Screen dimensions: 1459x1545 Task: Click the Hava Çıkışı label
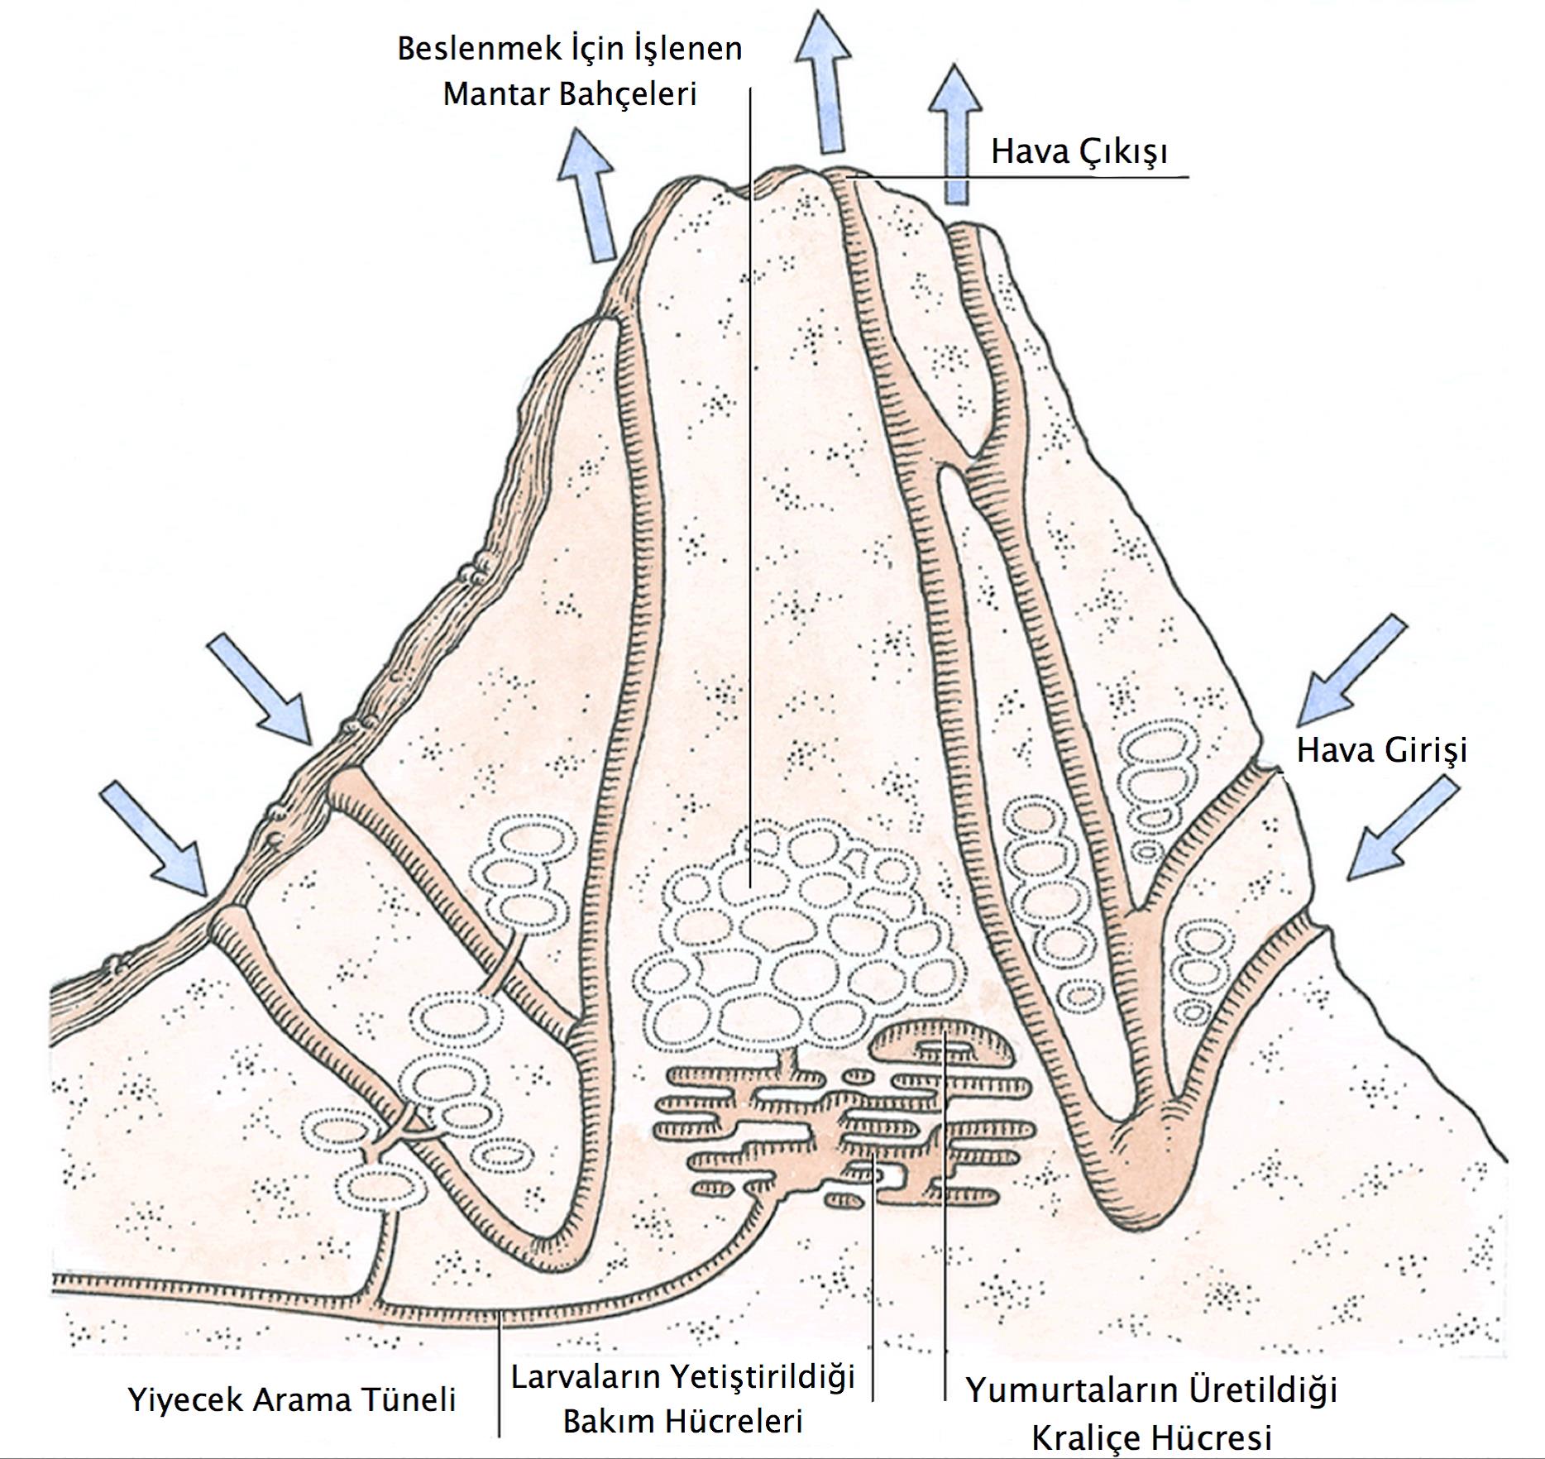click(1079, 152)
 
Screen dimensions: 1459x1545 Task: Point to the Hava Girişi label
click(1381, 750)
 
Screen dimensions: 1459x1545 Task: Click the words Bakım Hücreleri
click(682, 1422)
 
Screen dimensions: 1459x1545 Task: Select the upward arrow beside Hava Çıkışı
click(955, 132)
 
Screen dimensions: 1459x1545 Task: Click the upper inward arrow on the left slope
click(261, 687)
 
